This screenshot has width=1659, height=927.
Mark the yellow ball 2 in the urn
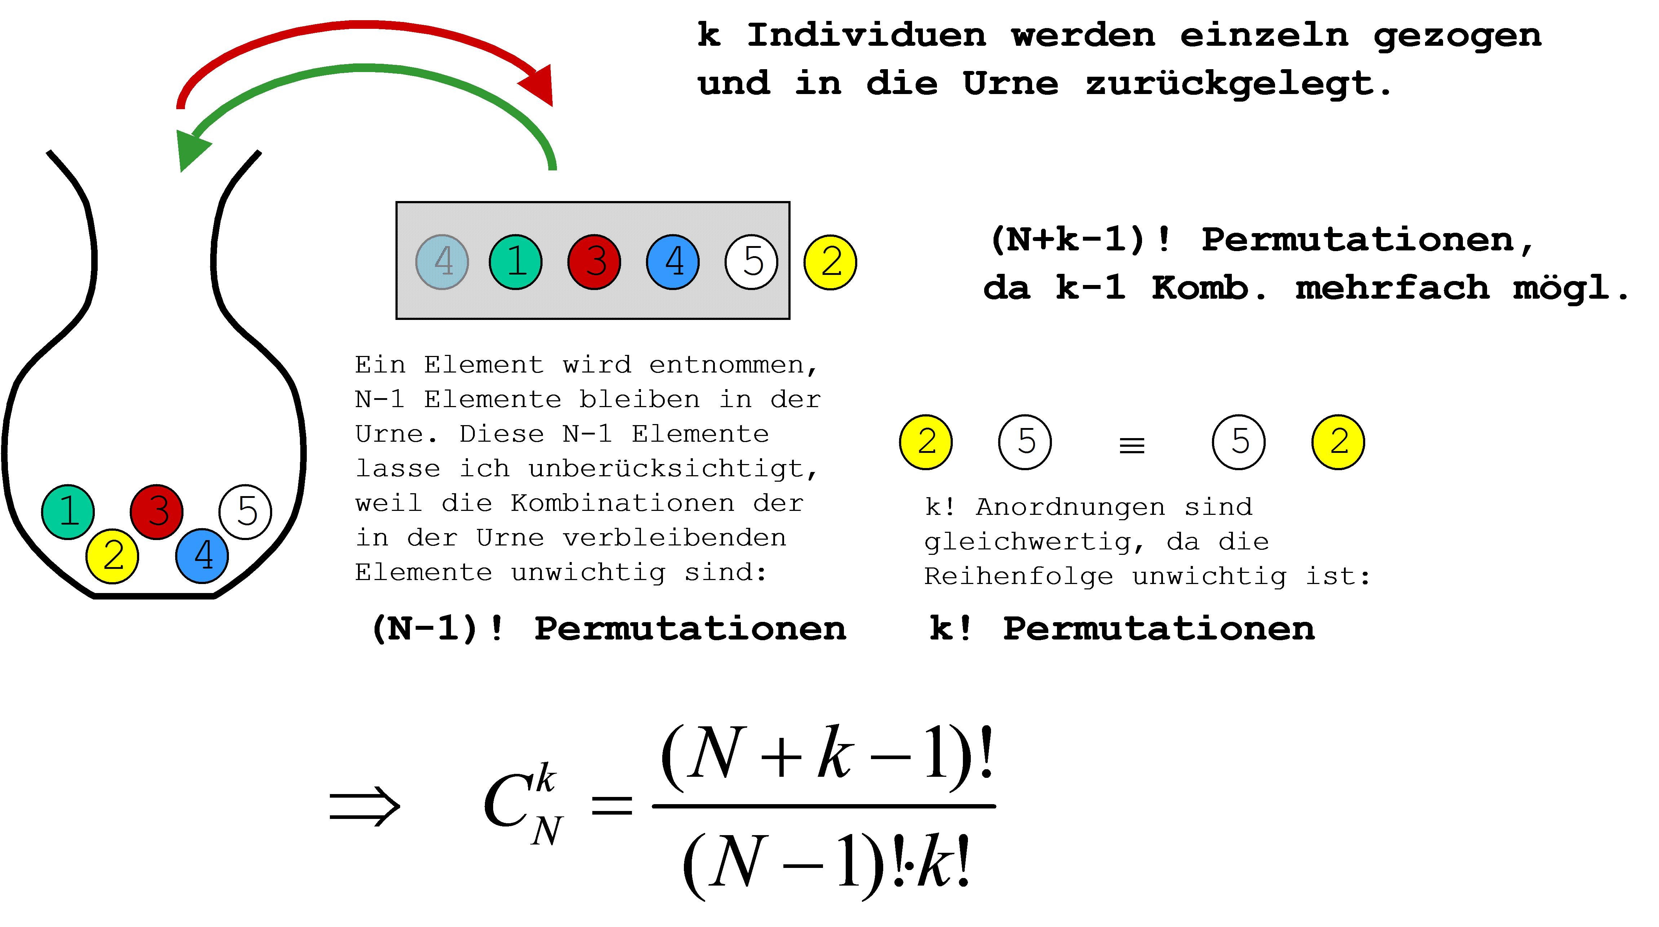pos(112,556)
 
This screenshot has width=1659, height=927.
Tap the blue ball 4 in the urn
pos(202,556)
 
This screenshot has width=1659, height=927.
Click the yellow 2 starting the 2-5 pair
pos(925,442)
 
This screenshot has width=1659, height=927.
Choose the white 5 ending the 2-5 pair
pos(1025,442)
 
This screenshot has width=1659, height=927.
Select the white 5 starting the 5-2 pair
pos(1238,442)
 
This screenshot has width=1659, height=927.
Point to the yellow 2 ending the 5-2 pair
pos(1338,442)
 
